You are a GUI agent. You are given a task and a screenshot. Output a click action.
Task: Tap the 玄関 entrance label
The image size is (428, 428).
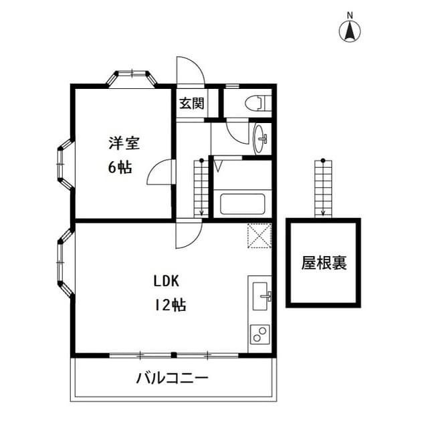pos(191,103)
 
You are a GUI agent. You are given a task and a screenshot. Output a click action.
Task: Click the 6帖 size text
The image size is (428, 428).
pos(120,167)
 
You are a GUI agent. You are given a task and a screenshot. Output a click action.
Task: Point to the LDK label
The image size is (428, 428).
pos(167,282)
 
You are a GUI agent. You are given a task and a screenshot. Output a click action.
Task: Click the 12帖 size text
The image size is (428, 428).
pos(170,306)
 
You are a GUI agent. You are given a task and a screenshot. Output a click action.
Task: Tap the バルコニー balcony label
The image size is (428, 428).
pos(173,379)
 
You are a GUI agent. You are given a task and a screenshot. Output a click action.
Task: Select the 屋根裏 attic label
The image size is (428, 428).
pos(324,263)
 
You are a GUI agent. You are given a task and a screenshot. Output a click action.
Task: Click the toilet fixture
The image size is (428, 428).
pos(256,103)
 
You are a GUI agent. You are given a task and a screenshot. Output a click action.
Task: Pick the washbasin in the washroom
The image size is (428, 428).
pos(261,138)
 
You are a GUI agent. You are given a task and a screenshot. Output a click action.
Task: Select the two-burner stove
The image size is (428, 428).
pos(259,333)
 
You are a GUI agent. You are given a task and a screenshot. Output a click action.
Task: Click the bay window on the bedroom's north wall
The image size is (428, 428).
pos(132,76)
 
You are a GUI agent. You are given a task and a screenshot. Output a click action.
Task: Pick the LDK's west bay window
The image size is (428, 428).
pos(66,261)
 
